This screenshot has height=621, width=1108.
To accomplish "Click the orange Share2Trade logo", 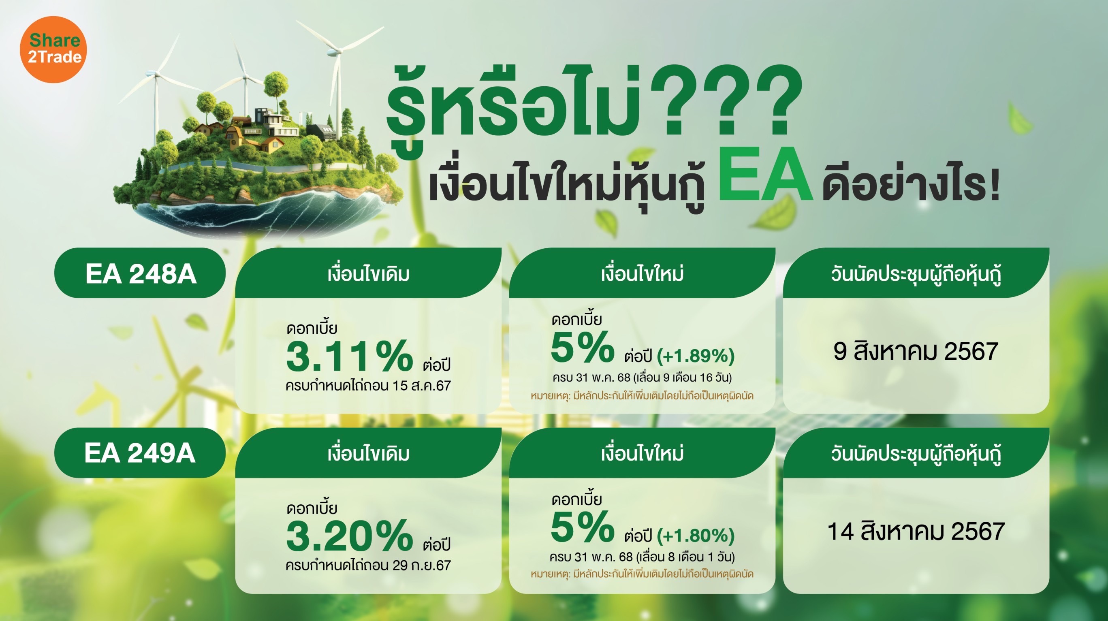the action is [53, 49].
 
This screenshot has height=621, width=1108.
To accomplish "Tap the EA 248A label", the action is [141, 273].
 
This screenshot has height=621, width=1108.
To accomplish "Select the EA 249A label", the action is [140, 453].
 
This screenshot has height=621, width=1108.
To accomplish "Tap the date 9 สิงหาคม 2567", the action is [915, 352].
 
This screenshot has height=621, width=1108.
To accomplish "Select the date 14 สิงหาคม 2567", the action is [916, 531].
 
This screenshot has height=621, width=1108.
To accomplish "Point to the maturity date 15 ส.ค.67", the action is [421, 386].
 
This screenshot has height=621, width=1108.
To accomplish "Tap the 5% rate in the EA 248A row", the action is [583, 347].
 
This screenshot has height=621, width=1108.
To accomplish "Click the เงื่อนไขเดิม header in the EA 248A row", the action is [368, 274].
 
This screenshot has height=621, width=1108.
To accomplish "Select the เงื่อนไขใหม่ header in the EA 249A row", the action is [642, 453].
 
